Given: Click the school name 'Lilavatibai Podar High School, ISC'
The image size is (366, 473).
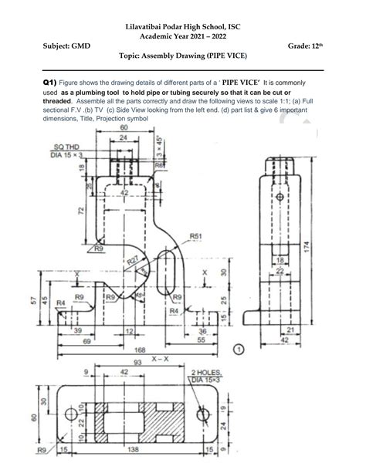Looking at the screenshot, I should pos(182,27).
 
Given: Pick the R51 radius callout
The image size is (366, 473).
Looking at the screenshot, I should pos(195,236).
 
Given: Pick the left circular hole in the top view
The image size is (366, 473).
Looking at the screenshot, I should pos(79,410).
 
